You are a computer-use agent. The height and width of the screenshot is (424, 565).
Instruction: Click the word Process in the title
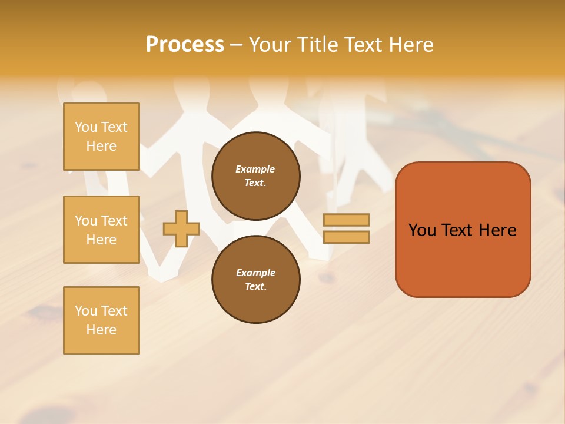coord(185,45)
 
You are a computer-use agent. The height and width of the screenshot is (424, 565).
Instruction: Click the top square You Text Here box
coord(101,137)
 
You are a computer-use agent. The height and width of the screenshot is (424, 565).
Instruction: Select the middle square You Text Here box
coord(101,230)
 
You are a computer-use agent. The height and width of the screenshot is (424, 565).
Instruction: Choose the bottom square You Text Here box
coord(101,320)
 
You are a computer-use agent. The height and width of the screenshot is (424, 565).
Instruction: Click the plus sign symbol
coord(181,228)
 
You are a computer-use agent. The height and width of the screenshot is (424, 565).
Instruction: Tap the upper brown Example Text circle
coord(256,176)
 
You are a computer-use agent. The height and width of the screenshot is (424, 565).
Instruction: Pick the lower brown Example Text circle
coord(256,280)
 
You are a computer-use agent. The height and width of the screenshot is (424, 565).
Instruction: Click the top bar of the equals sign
coord(346,220)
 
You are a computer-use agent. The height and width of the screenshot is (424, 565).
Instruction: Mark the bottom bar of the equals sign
coord(346,237)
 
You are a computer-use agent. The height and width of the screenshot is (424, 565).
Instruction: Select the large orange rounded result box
coord(463,230)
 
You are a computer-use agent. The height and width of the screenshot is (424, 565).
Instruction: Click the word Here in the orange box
coord(497,230)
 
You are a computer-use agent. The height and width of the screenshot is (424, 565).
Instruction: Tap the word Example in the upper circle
coord(255,169)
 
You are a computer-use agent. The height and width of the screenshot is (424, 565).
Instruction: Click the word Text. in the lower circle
coord(256,287)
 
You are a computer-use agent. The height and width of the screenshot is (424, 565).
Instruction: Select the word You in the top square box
coord(86,127)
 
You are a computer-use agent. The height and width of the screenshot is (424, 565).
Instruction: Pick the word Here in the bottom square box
coord(101,330)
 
